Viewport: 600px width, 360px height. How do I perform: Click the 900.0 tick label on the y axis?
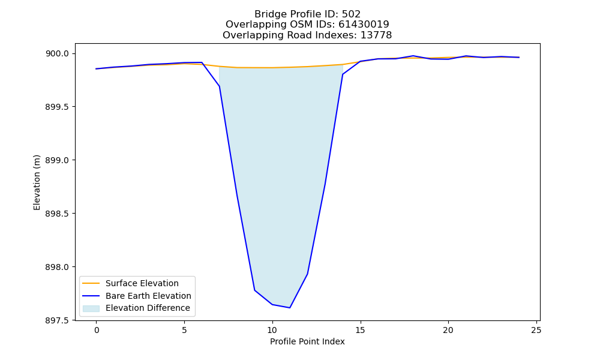point(58,54)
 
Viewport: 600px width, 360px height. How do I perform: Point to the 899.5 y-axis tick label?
point(58,107)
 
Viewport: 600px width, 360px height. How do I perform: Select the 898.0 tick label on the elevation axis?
point(58,267)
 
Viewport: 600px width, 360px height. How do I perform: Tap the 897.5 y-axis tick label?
point(58,320)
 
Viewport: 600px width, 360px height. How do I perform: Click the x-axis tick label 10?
point(272,330)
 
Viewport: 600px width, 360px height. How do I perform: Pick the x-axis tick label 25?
point(536,330)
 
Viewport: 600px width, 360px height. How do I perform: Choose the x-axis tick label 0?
point(97,330)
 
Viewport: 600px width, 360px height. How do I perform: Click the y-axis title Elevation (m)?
point(37,182)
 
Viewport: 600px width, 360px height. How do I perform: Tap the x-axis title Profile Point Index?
point(307,341)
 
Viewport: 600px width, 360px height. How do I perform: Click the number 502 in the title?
point(351,14)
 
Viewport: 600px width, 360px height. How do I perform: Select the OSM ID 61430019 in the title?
point(364,25)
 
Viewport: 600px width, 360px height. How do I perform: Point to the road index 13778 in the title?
point(376,35)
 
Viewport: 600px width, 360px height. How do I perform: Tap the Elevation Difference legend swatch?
point(91,308)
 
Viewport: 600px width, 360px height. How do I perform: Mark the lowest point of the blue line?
point(290,308)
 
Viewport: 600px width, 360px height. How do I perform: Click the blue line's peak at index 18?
point(413,56)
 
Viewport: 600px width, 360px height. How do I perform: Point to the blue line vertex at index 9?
point(254,290)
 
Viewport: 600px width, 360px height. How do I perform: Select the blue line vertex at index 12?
point(307,274)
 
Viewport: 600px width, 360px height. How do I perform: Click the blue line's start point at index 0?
point(97,69)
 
